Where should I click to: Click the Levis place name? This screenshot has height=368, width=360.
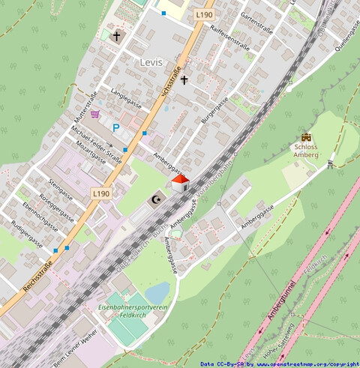point(151,62)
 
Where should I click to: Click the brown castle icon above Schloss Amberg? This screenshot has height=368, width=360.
point(306,137)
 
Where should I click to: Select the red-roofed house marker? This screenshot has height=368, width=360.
point(180,182)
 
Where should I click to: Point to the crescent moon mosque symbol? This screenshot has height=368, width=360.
point(156,199)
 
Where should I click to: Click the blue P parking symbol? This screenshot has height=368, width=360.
point(116,128)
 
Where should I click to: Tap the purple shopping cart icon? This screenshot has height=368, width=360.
point(95,114)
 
